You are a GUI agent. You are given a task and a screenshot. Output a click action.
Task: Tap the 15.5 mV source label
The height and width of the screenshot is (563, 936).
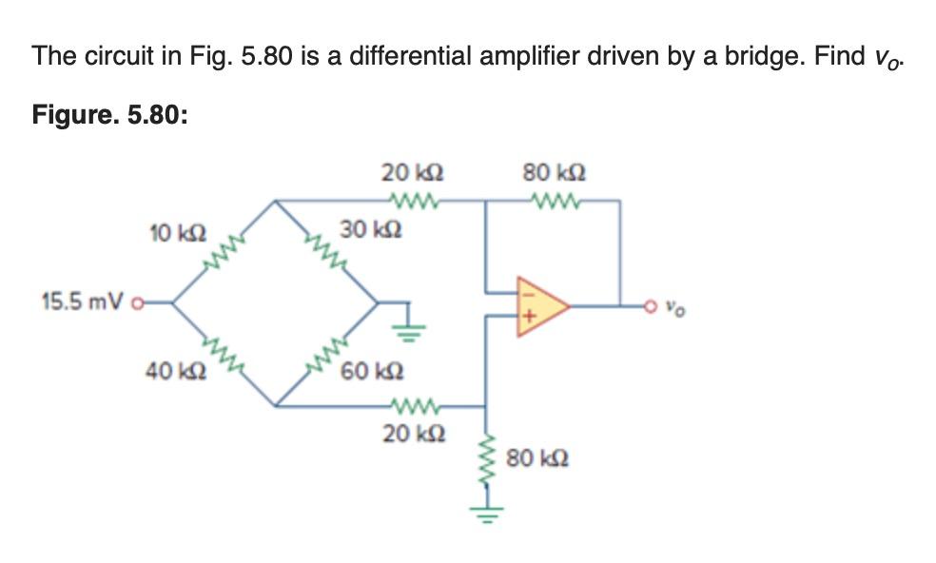pos(84,302)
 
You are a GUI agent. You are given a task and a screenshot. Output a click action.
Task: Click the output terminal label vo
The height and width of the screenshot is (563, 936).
pos(673,307)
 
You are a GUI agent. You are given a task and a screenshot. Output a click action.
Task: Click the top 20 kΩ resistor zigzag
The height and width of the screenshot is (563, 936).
pos(410,201)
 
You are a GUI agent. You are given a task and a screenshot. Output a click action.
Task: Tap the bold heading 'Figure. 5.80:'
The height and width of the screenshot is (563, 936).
pos(110,115)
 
